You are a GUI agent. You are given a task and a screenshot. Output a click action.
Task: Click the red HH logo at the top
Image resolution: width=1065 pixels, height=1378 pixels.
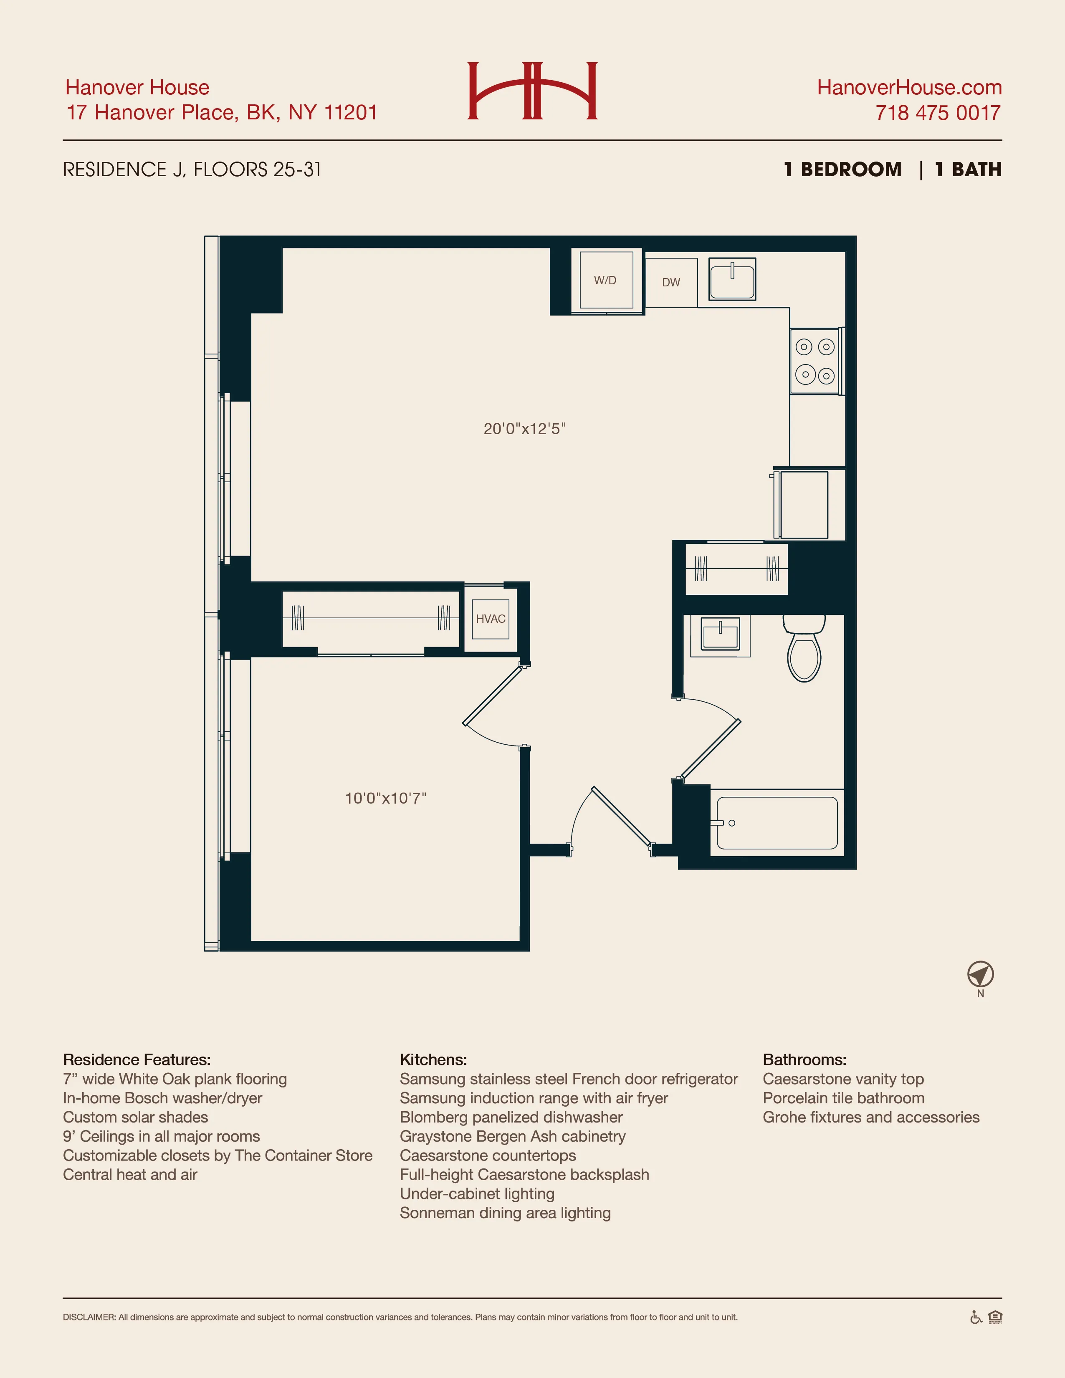click(532, 91)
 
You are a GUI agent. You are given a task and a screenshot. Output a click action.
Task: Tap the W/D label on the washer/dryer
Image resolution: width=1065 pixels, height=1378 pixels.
click(605, 280)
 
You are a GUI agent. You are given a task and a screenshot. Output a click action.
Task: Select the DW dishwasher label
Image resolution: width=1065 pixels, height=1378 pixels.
click(670, 282)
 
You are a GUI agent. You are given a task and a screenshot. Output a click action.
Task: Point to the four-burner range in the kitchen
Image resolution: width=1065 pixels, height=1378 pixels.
click(815, 362)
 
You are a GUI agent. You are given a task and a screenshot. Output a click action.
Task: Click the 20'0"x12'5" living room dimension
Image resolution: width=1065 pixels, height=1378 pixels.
click(524, 429)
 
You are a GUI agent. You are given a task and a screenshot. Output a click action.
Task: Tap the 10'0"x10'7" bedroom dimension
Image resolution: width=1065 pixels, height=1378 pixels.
click(385, 798)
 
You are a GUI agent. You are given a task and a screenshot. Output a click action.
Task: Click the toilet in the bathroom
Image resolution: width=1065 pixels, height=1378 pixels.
click(804, 650)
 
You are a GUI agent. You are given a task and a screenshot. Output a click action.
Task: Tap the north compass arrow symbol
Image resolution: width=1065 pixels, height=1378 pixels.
click(980, 975)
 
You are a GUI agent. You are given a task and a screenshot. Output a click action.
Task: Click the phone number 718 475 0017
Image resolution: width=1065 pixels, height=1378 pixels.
click(938, 113)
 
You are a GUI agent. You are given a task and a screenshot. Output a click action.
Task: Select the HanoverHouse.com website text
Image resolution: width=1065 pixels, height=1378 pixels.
click(909, 87)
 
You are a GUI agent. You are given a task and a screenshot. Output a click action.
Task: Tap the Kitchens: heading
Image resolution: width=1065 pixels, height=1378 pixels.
click(433, 1059)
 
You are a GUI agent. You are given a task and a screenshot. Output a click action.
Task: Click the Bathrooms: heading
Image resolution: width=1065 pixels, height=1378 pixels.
click(804, 1059)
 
